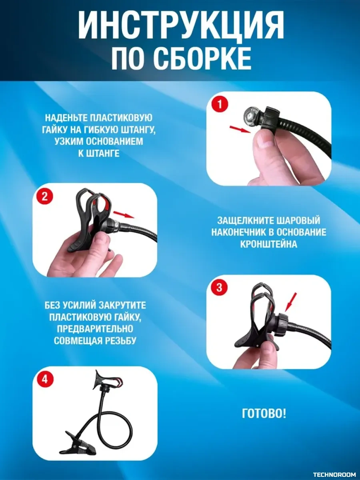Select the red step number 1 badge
[x=219, y=105]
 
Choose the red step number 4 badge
[x=45, y=379]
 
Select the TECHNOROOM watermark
[x=334, y=474]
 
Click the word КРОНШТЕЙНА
[x=268, y=244]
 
